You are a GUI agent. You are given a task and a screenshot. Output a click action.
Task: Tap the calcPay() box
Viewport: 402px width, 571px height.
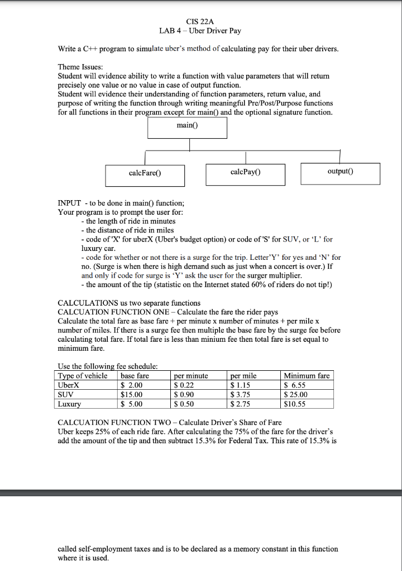pyautogui.click(x=245, y=173)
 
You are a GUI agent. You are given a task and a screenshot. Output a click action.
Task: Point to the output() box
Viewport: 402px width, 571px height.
pyautogui.click(x=340, y=173)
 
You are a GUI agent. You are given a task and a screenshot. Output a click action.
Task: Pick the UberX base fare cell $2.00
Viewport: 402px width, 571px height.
pyautogui.click(x=132, y=385)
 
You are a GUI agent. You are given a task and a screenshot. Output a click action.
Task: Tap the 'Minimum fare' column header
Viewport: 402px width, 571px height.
pyautogui.click(x=307, y=376)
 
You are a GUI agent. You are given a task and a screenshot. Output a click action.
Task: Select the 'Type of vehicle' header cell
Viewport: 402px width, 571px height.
pyautogui.click(x=83, y=376)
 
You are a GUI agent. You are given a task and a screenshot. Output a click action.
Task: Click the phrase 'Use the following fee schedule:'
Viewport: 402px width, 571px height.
pyautogui.click(x=108, y=366)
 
